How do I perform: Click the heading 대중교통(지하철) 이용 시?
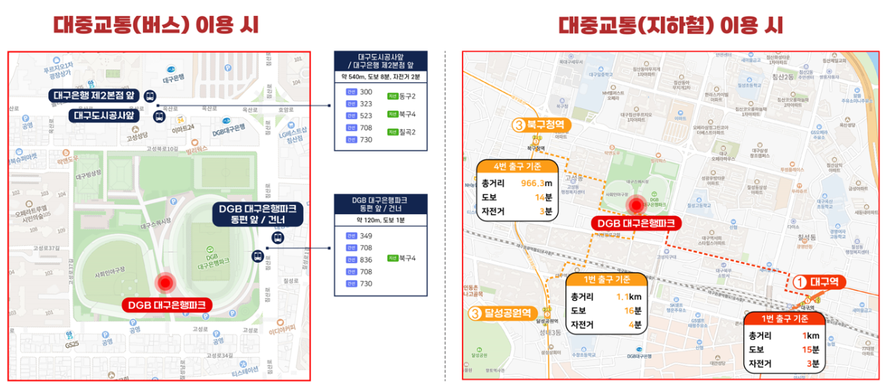coord(670,25)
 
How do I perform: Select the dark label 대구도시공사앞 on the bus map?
coord(105,115)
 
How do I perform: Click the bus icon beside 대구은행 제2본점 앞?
coord(150,95)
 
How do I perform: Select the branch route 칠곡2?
coord(408,132)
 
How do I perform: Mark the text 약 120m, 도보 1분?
coord(380,219)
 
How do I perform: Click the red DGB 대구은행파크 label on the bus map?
coord(167,304)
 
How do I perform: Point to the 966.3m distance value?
coord(536,183)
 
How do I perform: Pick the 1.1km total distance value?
coord(630,297)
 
